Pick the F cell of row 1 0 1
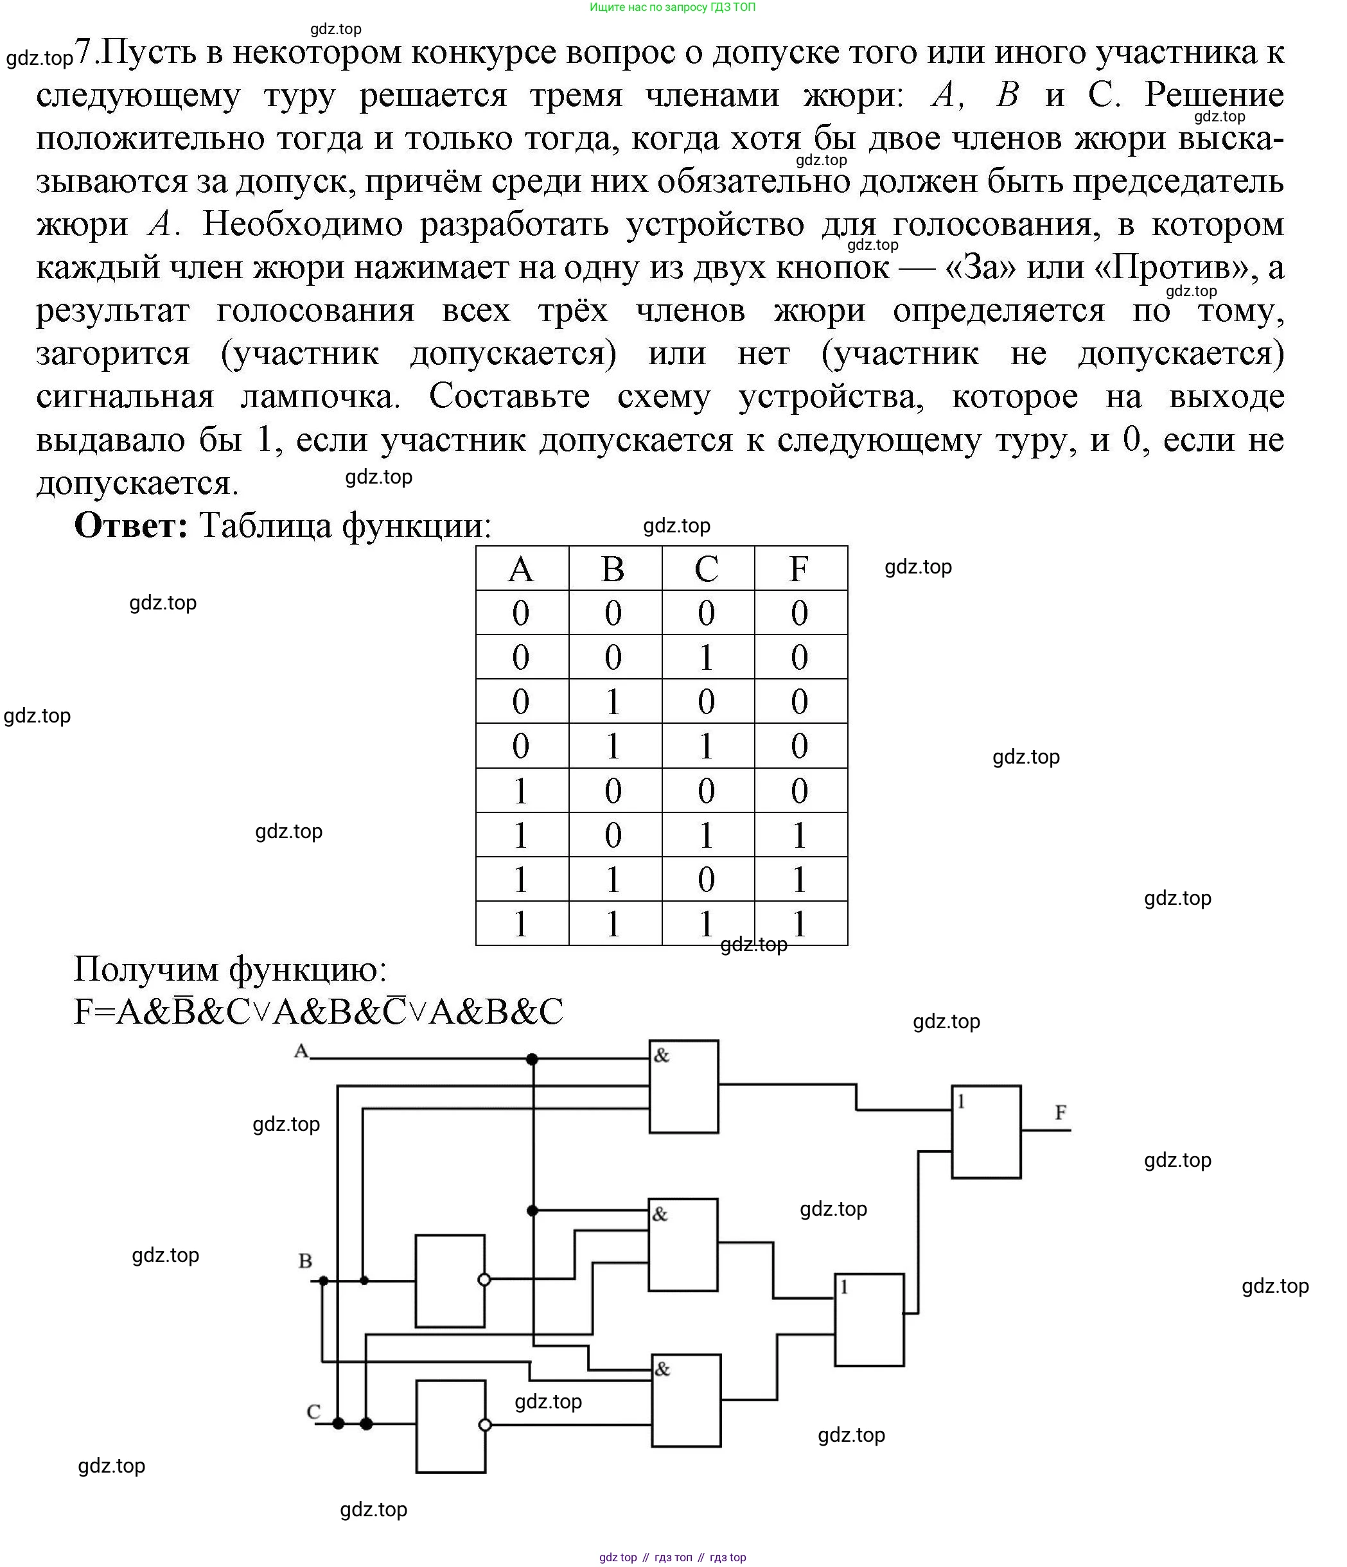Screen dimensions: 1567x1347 click(800, 835)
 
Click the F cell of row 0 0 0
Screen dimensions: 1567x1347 click(800, 613)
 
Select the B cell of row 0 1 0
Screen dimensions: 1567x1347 click(613, 702)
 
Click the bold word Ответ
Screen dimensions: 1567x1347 click(132, 525)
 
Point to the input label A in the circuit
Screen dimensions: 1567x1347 click(302, 1051)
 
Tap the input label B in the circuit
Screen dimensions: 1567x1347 click(306, 1261)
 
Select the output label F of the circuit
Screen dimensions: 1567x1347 click(1061, 1112)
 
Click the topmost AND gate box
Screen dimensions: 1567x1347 click(683, 1087)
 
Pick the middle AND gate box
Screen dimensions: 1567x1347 click(683, 1244)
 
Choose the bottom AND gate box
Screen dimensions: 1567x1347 click(686, 1400)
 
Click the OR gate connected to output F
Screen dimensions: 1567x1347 click(985, 1132)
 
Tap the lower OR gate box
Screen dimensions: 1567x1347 click(869, 1320)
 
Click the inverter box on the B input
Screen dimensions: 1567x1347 click(450, 1281)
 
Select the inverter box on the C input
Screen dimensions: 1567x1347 click(451, 1426)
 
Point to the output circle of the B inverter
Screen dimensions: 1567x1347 click(485, 1281)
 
